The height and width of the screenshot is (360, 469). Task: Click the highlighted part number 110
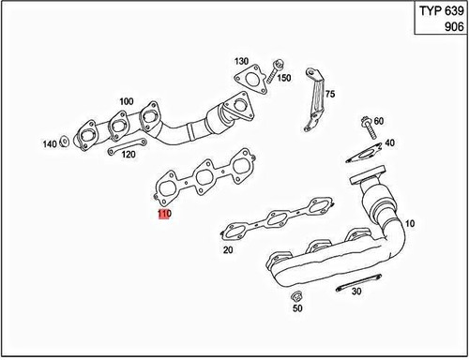pos(164,215)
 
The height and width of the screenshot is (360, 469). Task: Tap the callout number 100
pos(125,100)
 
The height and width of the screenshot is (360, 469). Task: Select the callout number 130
pos(241,60)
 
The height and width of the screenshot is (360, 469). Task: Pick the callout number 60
pos(378,121)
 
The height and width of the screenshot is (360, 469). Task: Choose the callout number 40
pos(389,143)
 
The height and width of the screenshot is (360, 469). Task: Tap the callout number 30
pos(356,292)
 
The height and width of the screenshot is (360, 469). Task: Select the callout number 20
pos(228,250)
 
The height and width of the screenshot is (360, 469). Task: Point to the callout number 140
pos(50,144)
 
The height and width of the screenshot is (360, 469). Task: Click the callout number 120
pos(129,154)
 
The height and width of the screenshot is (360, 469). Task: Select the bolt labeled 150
pos(279,66)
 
